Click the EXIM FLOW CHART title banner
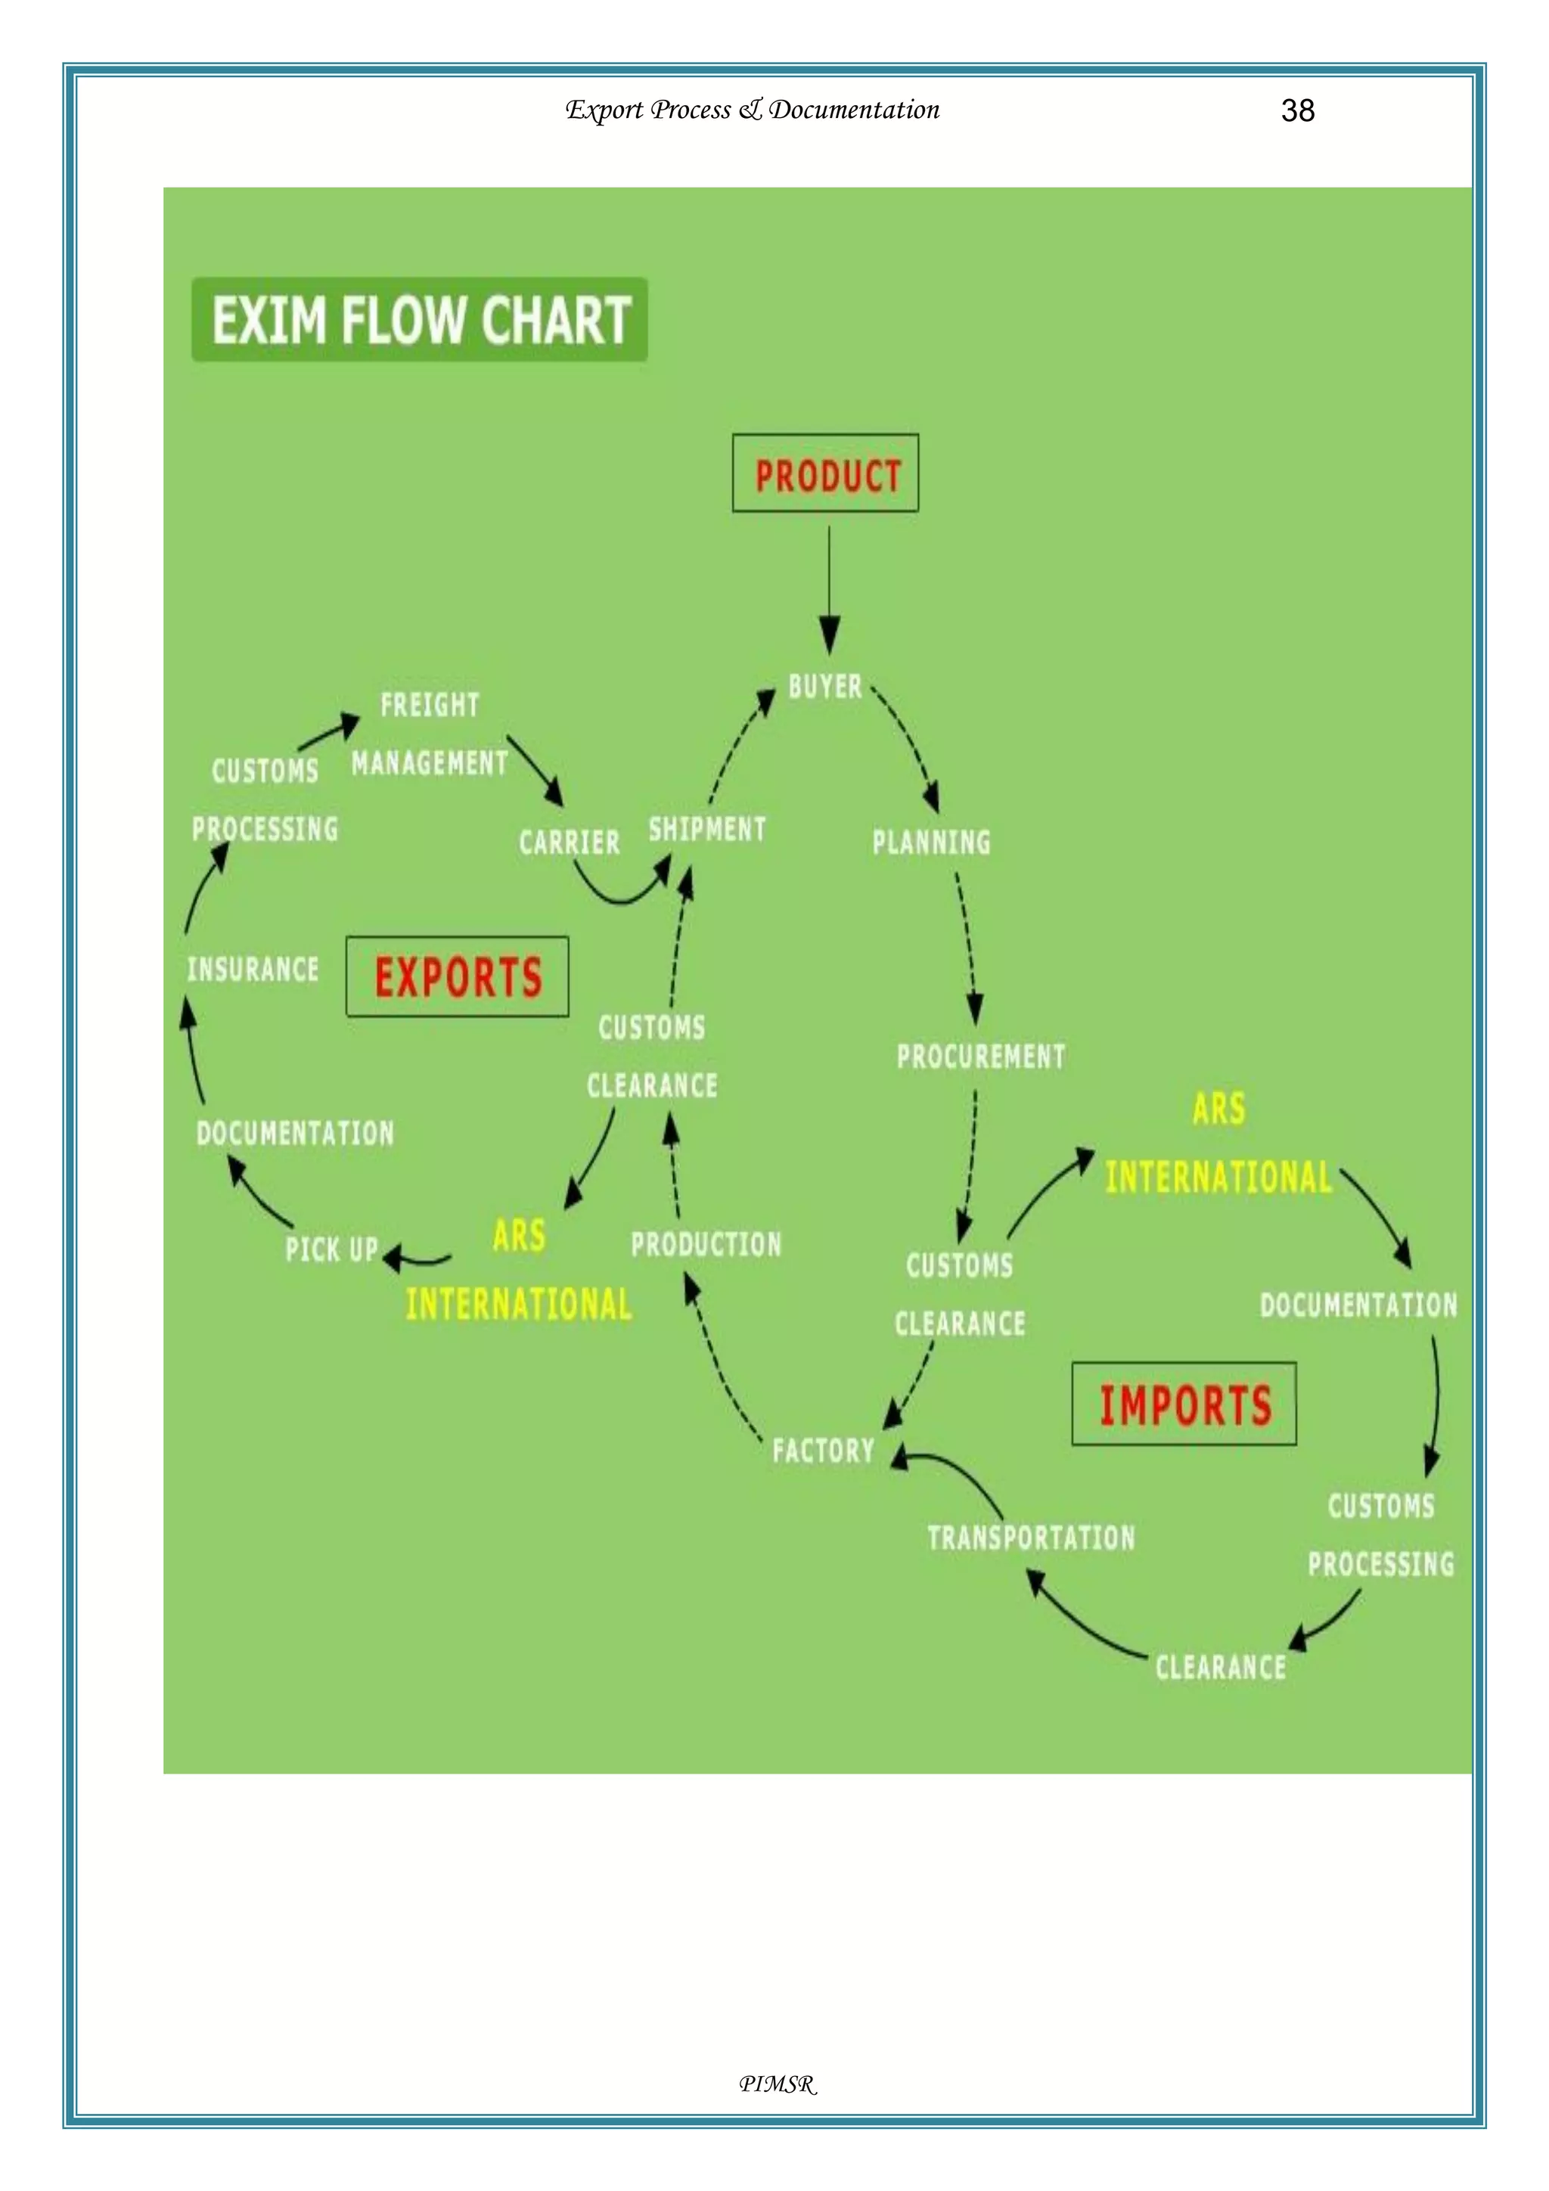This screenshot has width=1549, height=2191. pyautogui.click(x=420, y=320)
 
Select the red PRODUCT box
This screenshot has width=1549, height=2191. pyautogui.click(x=826, y=474)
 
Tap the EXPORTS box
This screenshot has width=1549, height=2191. pyautogui.click(x=457, y=977)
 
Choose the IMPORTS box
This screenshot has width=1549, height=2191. pyautogui.click(x=1184, y=1404)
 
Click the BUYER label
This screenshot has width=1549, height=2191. pyautogui.click(x=824, y=686)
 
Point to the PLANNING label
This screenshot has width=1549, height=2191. pyautogui.click(x=932, y=842)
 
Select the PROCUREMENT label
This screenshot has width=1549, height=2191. pyautogui.click(x=980, y=1057)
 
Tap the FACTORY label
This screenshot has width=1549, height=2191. pyautogui.click(x=823, y=1451)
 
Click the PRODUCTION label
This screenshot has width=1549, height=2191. pyautogui.click(x=706, y=1244)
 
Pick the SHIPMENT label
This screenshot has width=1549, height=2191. pyautogui.click(x=707, y=828)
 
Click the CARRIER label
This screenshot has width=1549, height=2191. pyautogui.click(x=569, y=843)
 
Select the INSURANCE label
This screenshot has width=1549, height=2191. pyautogui.click(x=253, y=970)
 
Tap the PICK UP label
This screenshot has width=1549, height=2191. pyautogui.click(x=331, y=1249)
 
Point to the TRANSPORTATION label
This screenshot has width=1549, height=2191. pyautogui.click(x=1031, y=1538)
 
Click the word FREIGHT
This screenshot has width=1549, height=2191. pyautogui.click(x=430, y=705)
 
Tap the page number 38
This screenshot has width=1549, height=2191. pyautogui.click(x=1297, y=110)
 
